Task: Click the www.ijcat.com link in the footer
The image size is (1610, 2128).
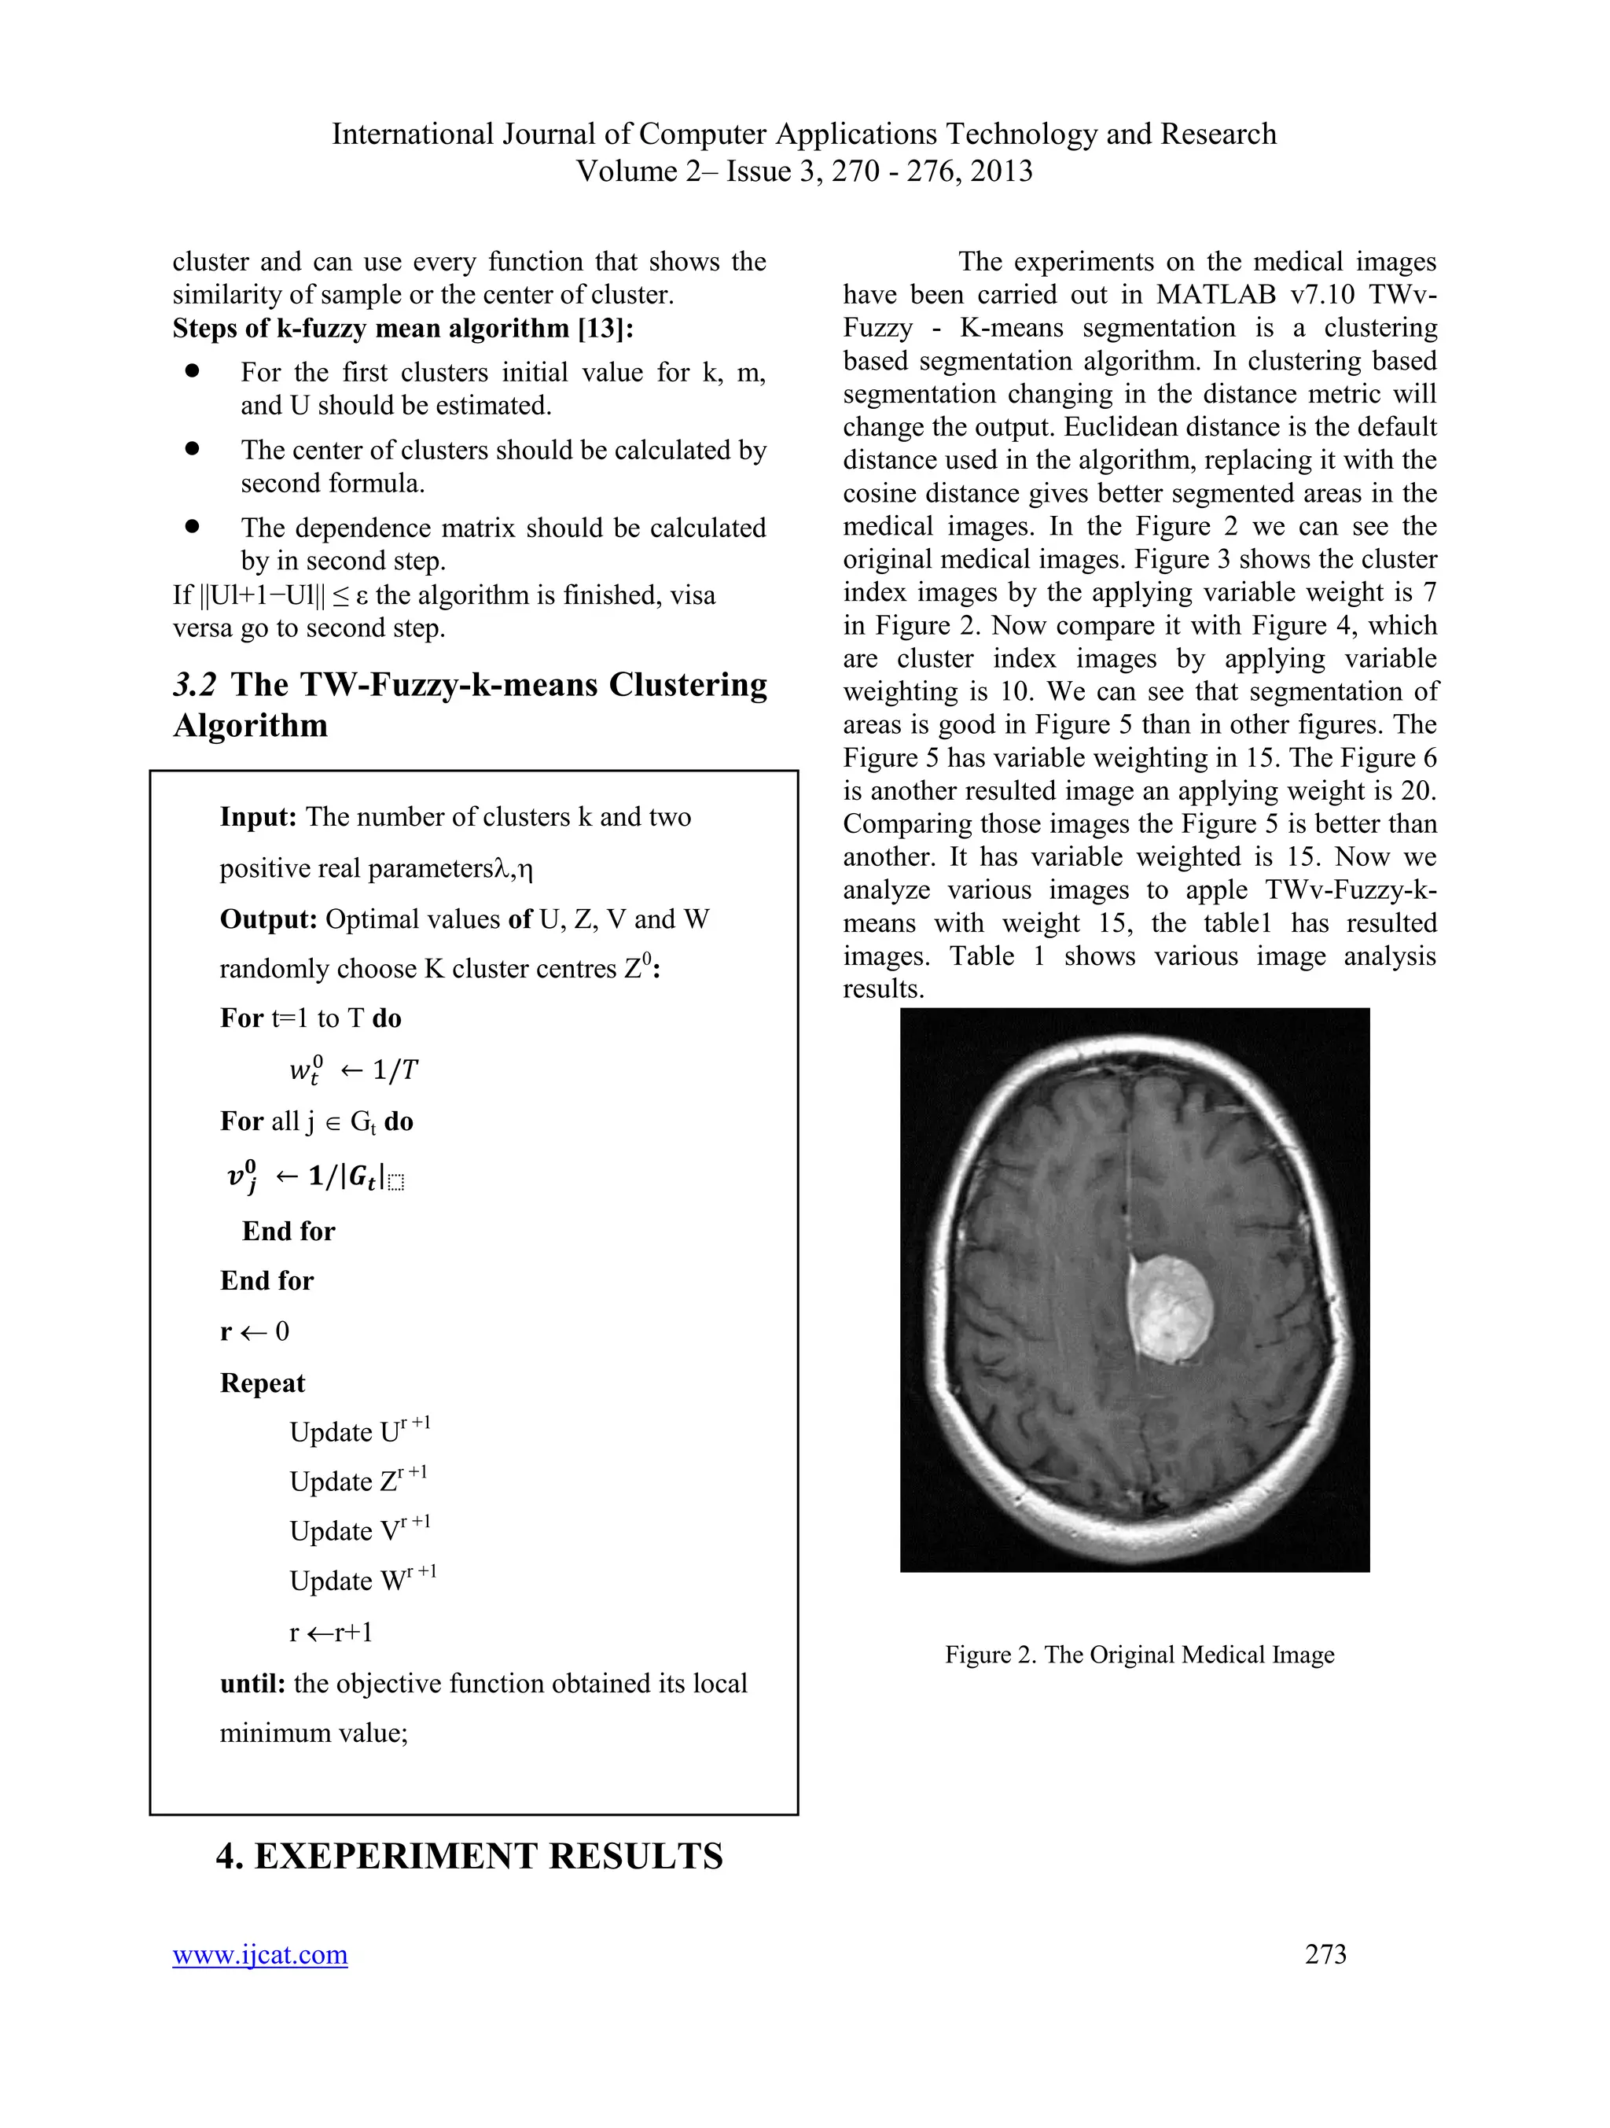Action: [259, 1955]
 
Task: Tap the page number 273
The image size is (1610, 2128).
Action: [1325, 1954]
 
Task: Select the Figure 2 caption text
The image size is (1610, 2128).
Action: [1139, 1655]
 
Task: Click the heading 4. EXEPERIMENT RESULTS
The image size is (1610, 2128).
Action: [469, 1857]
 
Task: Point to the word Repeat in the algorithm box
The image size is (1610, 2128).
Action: [262, 1383]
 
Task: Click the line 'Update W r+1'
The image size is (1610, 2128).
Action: [362, 1580]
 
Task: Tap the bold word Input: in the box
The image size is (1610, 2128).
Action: [258, 818]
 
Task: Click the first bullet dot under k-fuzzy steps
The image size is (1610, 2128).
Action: [193, 370]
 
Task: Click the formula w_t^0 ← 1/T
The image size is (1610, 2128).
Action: [353, 1070]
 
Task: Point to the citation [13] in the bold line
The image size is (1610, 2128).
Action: [605, 329]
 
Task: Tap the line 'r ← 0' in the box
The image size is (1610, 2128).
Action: [254, 1331]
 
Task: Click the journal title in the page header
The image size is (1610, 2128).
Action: [804, 134]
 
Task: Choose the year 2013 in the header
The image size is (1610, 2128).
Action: [1002, 171]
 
